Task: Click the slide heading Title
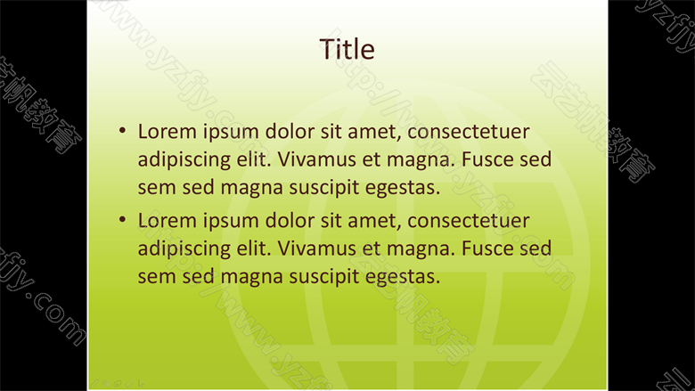[347, 49]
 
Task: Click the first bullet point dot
[122, 130]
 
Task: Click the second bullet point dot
[122, 219]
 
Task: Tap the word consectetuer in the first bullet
[468, 132]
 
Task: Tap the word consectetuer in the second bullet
[468, 221]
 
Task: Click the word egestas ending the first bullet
[403, 188]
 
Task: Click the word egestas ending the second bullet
[403, 277]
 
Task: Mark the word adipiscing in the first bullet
[184, 160]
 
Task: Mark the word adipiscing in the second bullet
[184, 249]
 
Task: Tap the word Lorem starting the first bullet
[168, 132]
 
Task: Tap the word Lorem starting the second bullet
[168, 221]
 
